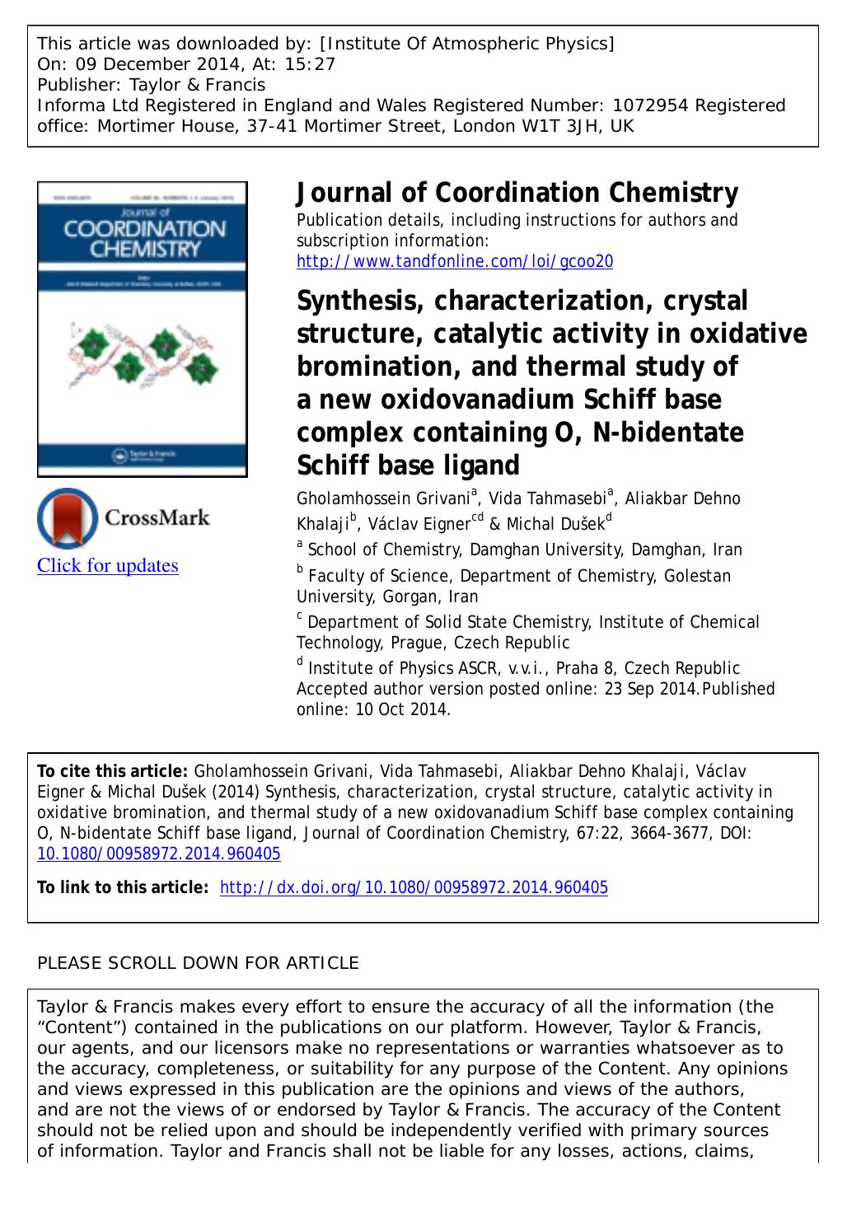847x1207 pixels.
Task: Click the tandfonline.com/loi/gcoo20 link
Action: tap(455, 262)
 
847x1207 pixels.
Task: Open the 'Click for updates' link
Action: tap(108, 565)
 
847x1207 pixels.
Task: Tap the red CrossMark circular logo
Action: tap(67, 517)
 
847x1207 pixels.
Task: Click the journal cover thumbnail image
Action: tap(143, 329)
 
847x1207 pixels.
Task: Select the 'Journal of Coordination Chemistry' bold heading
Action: tap(517, 193)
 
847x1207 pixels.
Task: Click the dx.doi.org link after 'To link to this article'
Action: tap(414, 887)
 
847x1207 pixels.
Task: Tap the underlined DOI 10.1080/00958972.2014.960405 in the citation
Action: tap(159, 854)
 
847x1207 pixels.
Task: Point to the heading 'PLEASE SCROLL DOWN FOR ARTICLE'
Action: tap(199, 962)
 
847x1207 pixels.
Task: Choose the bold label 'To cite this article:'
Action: tap(114, 771)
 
